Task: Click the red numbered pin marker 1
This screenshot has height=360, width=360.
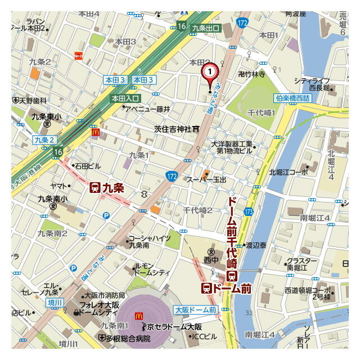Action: (x=209, y=73)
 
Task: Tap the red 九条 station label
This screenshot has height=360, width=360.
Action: (x=106, y=188)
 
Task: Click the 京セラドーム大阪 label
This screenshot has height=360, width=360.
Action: (x=174, y=327)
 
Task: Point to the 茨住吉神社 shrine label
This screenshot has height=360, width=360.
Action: (x=173, y=129)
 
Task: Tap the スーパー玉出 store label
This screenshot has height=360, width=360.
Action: (x=206, y=179)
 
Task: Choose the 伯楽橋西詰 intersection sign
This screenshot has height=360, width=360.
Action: (x=292, y=98)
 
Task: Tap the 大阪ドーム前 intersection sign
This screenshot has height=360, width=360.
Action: (x=195, y=310)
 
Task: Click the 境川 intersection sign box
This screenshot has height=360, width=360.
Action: (x=53, y=303)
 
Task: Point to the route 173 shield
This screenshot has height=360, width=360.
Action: (x=248, y=211)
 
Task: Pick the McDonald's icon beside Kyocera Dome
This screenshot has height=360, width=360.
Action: (x=138, y=317)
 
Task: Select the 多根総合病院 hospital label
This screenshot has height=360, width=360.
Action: (x=127, y=339)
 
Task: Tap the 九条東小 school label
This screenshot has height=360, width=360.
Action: (x=42, y=117)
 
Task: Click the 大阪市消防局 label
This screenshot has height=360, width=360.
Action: (x=104, y=295)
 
